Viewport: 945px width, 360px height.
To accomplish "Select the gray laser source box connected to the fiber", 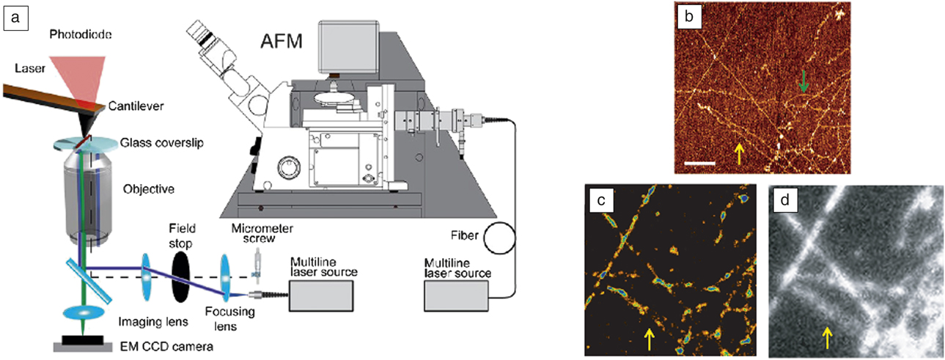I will (457, 294).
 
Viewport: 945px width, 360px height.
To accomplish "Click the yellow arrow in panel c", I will (649, 339).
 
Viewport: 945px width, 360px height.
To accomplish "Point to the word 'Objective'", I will (150, 189).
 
